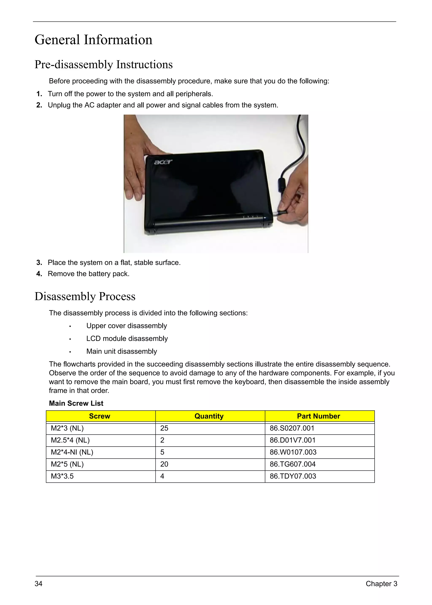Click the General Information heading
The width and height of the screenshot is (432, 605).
click(x=93, y=40)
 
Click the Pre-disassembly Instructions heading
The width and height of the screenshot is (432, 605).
click(x=104, y=65)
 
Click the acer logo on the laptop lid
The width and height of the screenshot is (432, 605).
click(x=163, y=162)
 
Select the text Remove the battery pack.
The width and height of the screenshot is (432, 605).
click(x=88, y=274)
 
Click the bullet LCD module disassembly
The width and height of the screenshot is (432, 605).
click(x=127, y=339)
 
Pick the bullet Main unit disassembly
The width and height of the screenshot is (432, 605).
click(x=121, y=351)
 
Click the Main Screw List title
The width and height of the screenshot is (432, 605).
click(x=76, y=403)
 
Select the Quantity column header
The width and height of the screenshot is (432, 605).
click(x=209, y=416)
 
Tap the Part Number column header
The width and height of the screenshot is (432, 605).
click(x=319, y=416)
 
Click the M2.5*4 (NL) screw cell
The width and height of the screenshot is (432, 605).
click(x=70, y=440)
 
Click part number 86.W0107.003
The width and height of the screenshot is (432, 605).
click(x=293, y=452)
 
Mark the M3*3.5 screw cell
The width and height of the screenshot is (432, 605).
click(x=62, y=476)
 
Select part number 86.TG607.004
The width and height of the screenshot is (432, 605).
click(x=292, y=464)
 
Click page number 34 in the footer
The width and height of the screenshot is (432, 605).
click(x=39, y=584)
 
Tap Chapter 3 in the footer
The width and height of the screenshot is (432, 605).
click(x=381, y=584)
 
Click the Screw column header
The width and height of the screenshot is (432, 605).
click(x=100, y=416)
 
